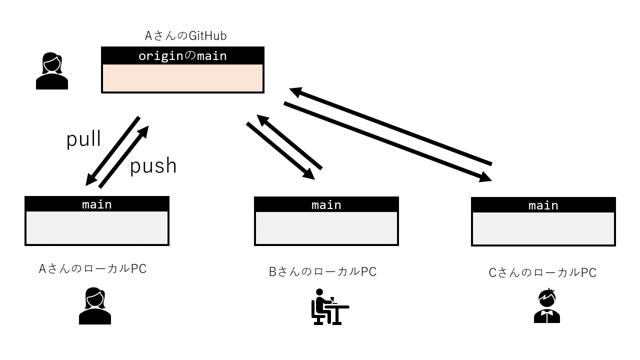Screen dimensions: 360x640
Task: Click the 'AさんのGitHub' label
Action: pos(185,36)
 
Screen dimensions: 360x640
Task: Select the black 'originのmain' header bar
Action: pos(182,55)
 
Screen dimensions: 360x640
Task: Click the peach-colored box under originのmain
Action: pos(182,78)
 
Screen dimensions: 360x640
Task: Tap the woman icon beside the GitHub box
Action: pos(52,72)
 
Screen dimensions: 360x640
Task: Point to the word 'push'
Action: pos(153,165)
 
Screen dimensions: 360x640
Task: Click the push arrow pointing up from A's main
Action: pos(124,156)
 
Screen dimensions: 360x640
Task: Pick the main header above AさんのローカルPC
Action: pos(97,204)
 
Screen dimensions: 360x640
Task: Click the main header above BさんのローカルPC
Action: pos(326,204)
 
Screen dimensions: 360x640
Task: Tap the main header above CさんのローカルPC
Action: pos(543,205)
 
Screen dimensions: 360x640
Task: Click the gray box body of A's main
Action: pos(97,227)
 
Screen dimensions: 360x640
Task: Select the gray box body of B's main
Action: pos(326,228)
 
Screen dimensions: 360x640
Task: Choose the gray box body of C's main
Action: pos(543,228)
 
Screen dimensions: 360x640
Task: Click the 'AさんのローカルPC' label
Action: pos(93,268)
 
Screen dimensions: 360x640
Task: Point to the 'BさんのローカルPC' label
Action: pos(322,271)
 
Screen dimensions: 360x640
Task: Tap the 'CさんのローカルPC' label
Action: pos(542,272)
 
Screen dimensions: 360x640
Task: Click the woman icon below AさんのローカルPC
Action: pos(95,306)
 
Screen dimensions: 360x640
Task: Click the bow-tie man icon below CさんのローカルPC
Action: pos(546,306)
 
